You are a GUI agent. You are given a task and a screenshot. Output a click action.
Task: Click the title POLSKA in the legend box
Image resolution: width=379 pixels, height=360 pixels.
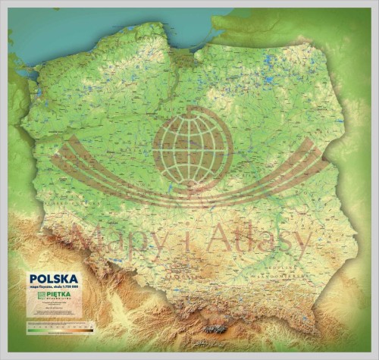tap(53, 278)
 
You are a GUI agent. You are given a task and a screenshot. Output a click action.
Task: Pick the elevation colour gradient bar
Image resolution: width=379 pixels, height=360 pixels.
tap(59, 330)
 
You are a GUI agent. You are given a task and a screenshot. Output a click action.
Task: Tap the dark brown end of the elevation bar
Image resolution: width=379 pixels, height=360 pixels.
tap(91, 330)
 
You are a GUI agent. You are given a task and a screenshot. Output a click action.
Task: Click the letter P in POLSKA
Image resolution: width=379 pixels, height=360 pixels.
tap(33, 278)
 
